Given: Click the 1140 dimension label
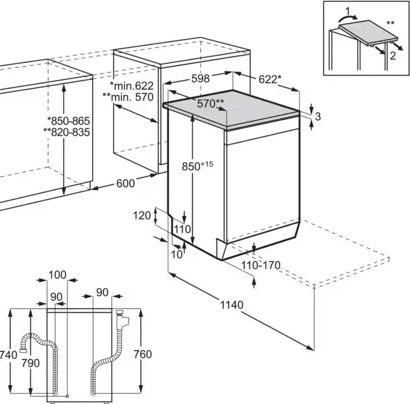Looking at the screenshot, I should (231, 305).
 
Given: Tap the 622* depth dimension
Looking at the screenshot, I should (269, 79).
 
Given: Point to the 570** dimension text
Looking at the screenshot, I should (211, 103).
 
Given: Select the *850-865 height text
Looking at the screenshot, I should (70, 120).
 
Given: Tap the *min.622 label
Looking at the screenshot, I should (132, 87).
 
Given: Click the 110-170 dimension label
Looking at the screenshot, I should (261, 265).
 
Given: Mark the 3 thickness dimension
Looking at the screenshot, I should (318, 117).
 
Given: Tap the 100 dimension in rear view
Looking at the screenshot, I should (57, 275).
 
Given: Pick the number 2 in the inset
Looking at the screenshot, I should (392, 56).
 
